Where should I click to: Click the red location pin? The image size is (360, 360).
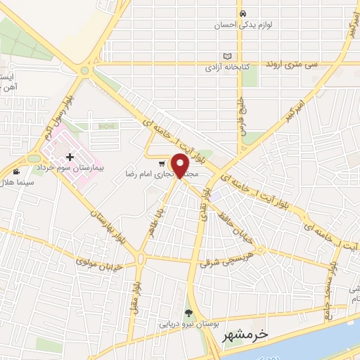(x=181, y=165)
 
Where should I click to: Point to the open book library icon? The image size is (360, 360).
(x=227, y=56)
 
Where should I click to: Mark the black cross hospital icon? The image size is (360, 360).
(x=70, y=157)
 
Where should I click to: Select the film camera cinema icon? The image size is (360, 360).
(x=16, y=172)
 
